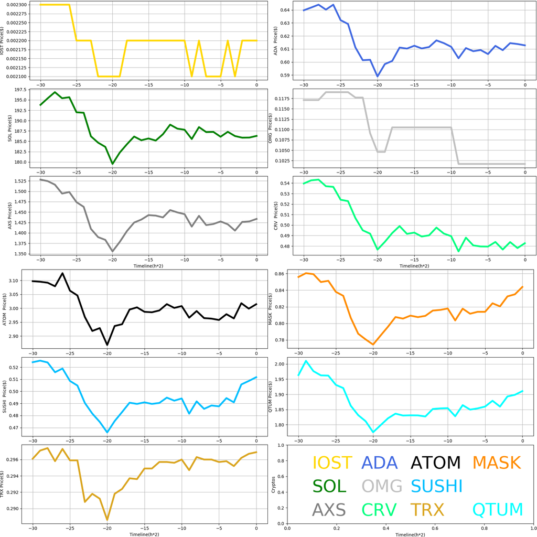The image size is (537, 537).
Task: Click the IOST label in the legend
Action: tap(332, 463)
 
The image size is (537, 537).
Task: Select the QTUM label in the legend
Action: tap(498, 509)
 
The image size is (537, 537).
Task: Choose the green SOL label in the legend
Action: tap(329, 486)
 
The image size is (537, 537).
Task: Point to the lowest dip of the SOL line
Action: tap(112, 164)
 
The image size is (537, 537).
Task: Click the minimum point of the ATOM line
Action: tap(108, 345)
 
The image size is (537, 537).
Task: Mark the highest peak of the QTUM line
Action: tap(306, 361)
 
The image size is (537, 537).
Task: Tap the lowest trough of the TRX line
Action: tap(108, 520)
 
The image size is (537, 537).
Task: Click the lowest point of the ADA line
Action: tap(378, 76)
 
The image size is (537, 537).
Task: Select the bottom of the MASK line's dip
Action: tap(373, 345)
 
